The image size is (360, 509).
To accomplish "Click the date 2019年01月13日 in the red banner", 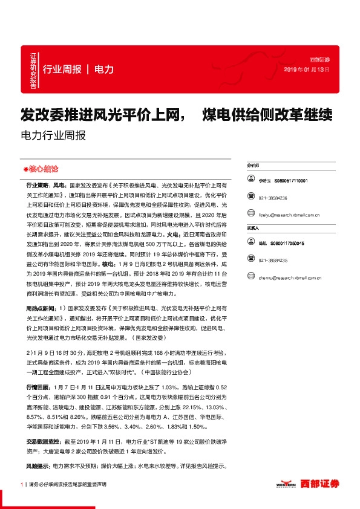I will tap(307, 70).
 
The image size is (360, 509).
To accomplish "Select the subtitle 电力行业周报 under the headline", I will tap(53, 135).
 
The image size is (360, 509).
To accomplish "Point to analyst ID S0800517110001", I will tap(291, 180).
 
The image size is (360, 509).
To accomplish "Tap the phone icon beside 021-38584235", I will tap(249, 260).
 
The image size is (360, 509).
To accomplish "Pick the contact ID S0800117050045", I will tap(291, 242).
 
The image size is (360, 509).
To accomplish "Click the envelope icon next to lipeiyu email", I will tap(249, 214).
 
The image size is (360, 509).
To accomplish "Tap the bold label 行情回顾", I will tap(37, 385).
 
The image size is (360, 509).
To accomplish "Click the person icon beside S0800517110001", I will tap(249, 180).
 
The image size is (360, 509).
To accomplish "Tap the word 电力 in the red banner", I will tap(104, 69).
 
